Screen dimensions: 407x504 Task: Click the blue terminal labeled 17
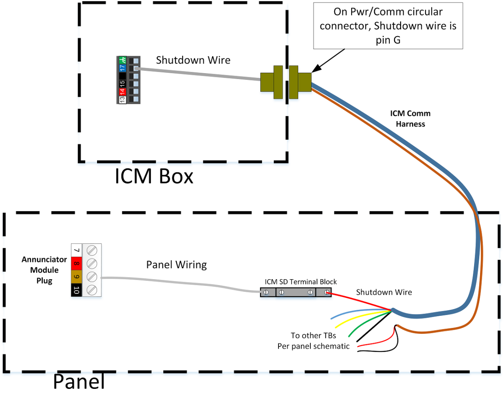(x=122, y=67)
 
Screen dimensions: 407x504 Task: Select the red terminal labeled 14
(x=122, y=91)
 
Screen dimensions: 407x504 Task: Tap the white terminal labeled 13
(x=122, y=99)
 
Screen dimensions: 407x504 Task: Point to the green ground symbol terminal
(x=122, y=60)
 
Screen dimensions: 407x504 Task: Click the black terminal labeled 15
(x=122, y=83)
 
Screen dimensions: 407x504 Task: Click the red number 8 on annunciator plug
(x=76, y=264)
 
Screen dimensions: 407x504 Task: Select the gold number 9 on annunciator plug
(x=76, y=277)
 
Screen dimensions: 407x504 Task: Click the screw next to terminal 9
(x=92, y=277)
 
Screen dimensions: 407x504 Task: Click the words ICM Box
(x=154, y=177)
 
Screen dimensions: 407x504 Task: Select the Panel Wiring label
(x=176, y=265)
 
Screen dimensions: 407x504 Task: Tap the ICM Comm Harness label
(x=410, y=119)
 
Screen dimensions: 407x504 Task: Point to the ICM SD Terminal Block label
(x=301, y=282)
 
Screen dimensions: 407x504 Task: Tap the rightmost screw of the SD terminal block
(x=325, y=292)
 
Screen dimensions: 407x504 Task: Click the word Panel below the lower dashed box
(x=79, y=382)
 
